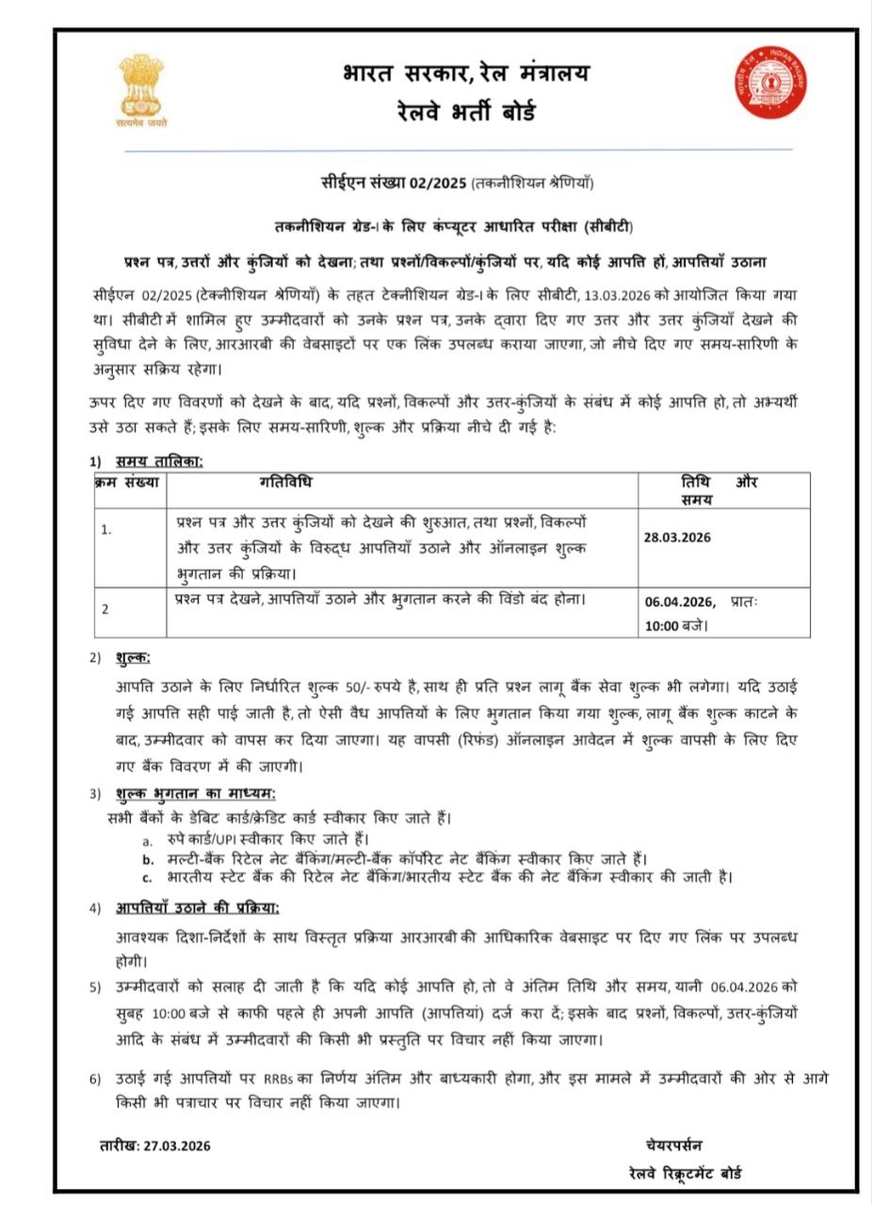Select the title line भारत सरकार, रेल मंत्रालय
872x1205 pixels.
tap(466, 73)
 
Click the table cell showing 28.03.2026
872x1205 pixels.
tap(677, 538)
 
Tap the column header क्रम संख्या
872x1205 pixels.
tap(127, 483)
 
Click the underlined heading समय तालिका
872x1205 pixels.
tap(159, 461)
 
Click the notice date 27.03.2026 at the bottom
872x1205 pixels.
tap(175, 1146)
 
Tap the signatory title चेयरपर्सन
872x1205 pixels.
tap(673, 1145)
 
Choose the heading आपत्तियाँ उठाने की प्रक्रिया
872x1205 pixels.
tap(197, 908)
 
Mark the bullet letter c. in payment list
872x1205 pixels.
tap(148, 877)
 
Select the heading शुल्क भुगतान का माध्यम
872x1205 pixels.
tap(195, 793)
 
